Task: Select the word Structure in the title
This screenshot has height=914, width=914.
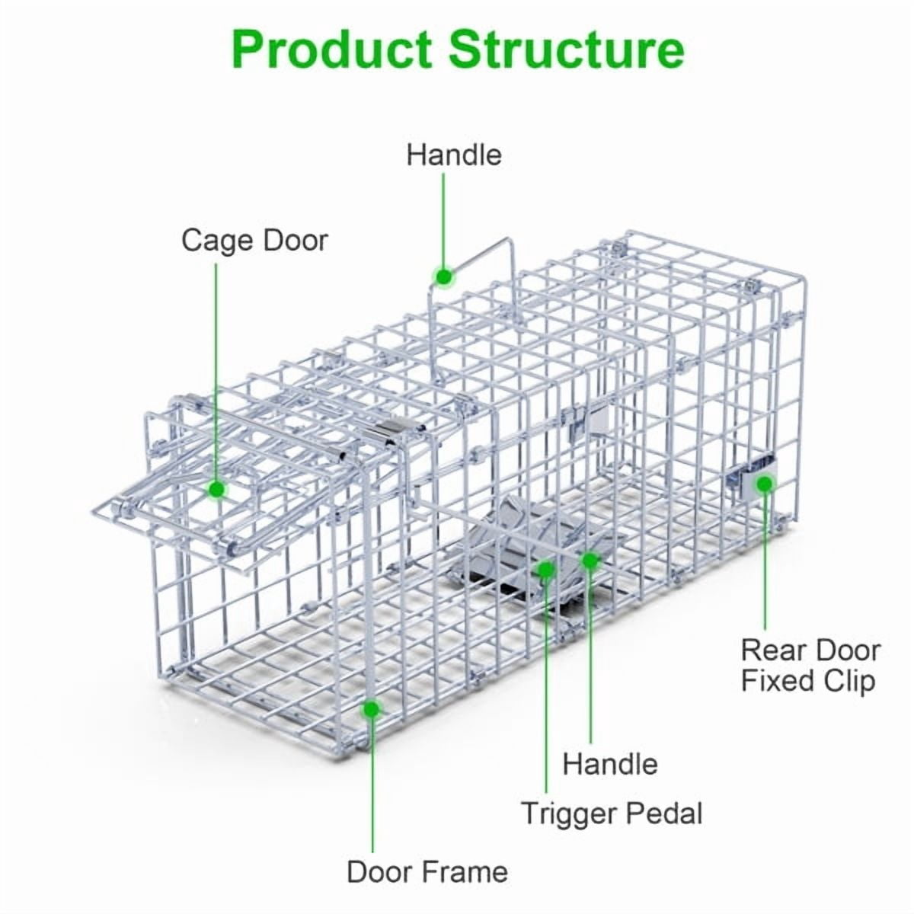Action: point(567,50)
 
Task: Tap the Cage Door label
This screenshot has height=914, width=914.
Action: point(254,241)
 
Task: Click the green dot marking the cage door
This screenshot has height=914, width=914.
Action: point(217,488)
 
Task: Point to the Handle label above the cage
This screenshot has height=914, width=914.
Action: point(454,155)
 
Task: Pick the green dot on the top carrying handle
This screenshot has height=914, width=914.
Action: point(444,276)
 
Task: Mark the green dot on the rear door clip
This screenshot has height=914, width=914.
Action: point(765,484)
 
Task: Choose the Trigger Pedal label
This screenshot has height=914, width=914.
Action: point(612,814)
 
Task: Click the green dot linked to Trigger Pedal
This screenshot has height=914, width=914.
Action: point(547,569)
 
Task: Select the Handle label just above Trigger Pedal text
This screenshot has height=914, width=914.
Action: point(610,764)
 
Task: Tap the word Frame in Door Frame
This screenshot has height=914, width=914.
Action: point(465,872)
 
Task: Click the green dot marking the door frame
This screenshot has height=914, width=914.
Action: point(372,710)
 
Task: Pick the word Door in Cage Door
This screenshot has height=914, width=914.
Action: point(295,240)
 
